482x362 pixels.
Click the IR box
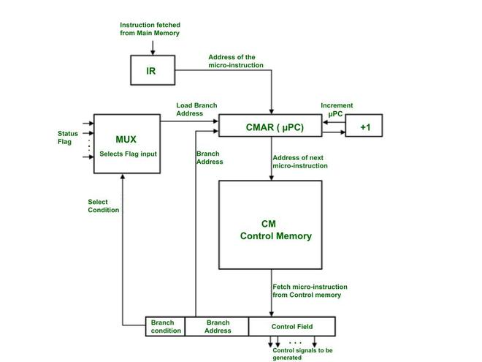151,71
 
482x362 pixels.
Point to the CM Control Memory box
270,230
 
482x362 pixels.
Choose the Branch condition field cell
166,326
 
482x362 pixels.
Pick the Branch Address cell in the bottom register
218,326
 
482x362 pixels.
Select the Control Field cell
292,326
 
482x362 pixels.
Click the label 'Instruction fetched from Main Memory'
150,29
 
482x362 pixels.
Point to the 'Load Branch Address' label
196,109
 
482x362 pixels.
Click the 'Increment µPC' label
337,109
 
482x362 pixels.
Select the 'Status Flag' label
68,137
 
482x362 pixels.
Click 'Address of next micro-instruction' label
299,162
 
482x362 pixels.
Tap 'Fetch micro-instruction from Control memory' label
310,290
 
